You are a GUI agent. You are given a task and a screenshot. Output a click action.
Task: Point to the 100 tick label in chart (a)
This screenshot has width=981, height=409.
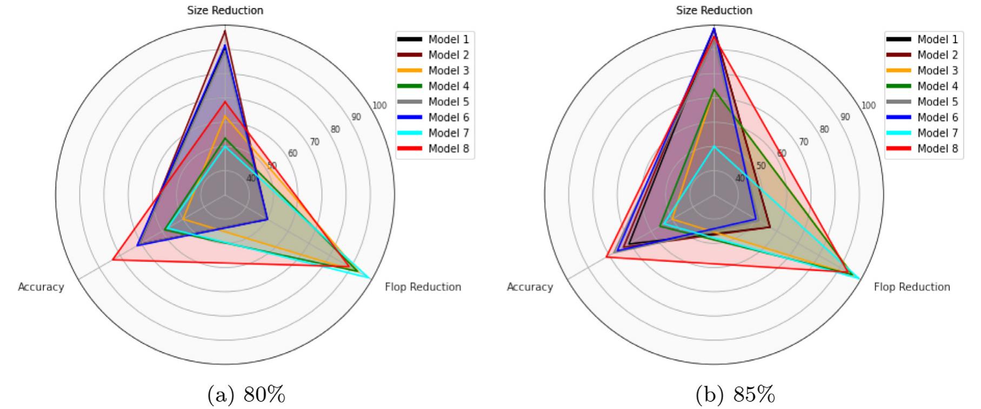(x=379, y=105)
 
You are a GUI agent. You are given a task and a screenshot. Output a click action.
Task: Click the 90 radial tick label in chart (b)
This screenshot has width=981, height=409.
(x=845, y=117)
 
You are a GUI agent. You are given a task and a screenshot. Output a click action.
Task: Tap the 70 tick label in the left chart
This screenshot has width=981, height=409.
(x=314, y=142)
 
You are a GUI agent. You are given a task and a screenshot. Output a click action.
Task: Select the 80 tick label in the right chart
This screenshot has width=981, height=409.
(x=824, y=130)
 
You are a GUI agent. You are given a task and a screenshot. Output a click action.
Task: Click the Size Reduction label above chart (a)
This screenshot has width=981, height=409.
(x=225, y=10)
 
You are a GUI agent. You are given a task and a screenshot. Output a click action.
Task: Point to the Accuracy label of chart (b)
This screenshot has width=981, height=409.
(x=530, y=287)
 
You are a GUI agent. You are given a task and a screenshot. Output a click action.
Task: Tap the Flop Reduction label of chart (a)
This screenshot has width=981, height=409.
(x=423, y=287)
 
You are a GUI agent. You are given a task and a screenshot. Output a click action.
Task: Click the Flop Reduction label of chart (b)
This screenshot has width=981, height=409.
(x=912, y=287)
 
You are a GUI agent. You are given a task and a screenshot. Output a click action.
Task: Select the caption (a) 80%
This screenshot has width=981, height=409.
(x=246, y=395)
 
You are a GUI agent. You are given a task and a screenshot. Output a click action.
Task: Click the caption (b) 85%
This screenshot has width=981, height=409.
(x=735, y=395)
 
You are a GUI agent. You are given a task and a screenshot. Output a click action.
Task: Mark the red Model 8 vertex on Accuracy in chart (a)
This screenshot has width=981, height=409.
(x=113, y=260)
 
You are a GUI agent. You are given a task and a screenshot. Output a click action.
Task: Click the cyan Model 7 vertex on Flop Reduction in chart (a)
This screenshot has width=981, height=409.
(x=370, y=278)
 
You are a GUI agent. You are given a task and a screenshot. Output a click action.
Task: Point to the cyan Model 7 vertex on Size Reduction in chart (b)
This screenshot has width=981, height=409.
(x=714, y=146)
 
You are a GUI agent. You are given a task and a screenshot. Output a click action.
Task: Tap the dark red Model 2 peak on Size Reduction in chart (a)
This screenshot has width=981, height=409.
(x=225, y=31)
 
